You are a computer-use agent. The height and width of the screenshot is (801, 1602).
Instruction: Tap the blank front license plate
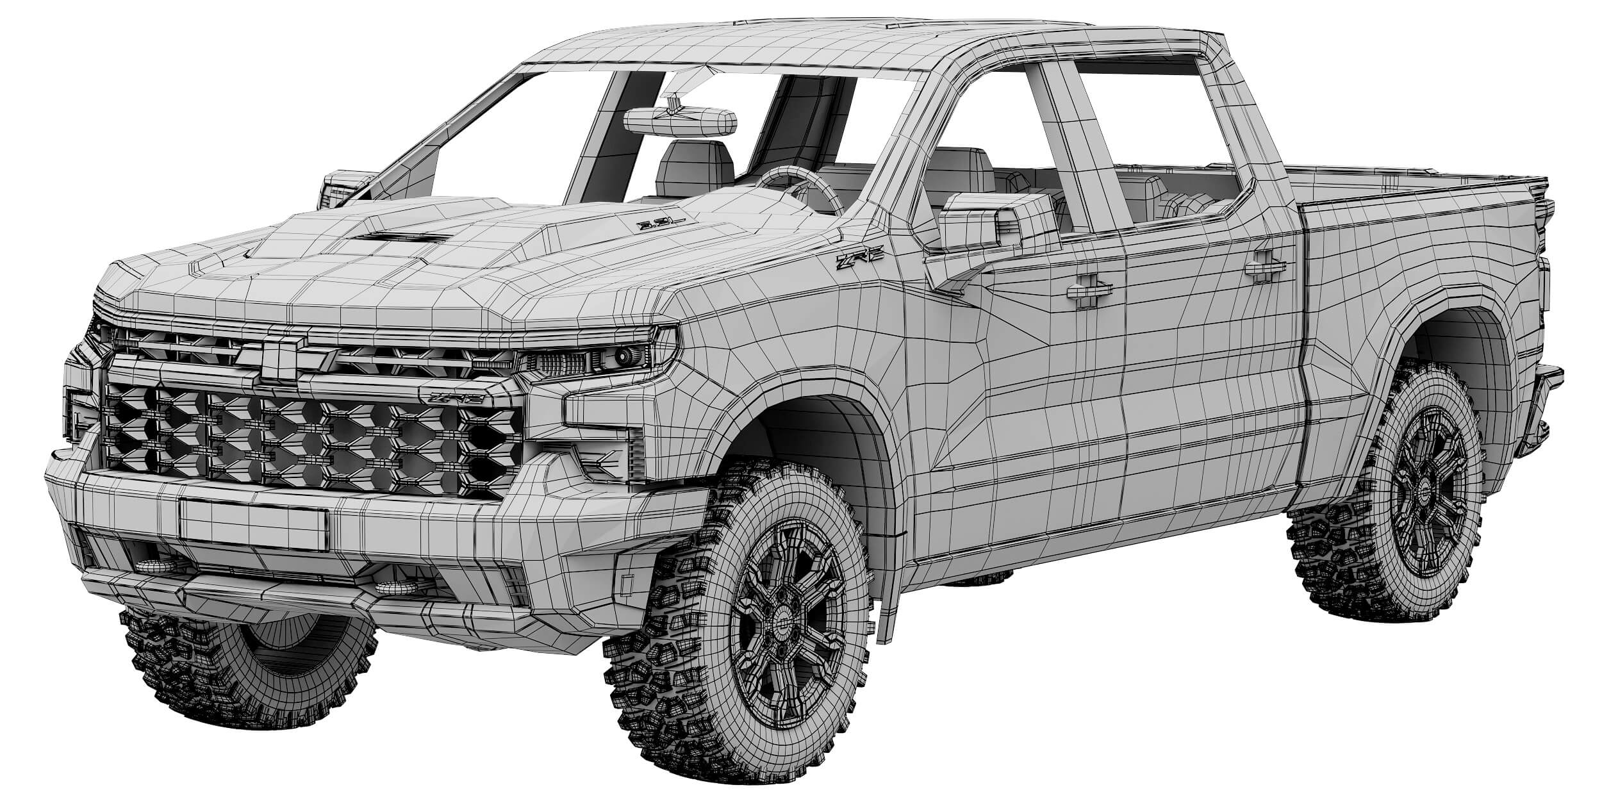click(254, 524)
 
